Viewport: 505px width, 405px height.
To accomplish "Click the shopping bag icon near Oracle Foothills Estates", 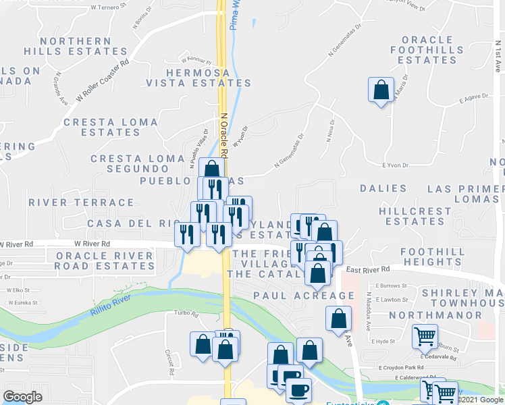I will click(x=381, y=90).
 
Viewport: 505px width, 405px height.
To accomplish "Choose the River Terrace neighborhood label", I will click(x=82, y=202).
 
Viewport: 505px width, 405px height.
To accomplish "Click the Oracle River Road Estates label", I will click(x=105, y=261).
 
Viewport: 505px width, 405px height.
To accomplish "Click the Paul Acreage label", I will click(x=304, y=296).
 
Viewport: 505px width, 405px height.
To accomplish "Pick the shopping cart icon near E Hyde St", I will click(x=425, y=335).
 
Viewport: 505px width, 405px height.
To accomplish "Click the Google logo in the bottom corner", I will click(x=22, y=397).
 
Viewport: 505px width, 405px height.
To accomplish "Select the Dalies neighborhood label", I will click(x=383, y=188).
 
